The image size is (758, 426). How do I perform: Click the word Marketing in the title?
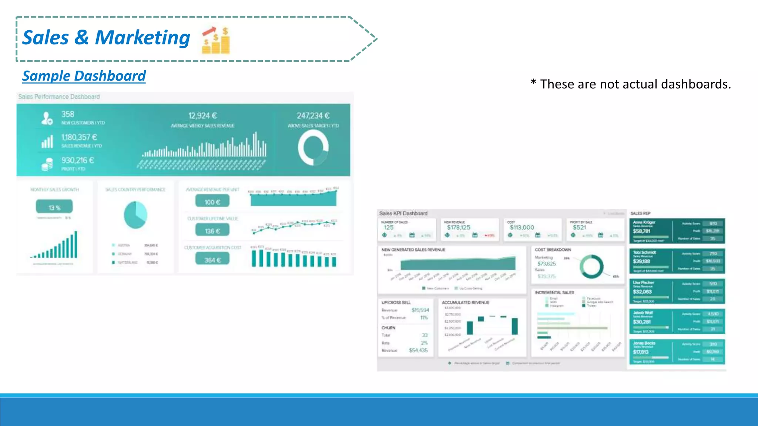point(142,38)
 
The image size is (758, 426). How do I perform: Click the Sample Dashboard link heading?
point(84,76)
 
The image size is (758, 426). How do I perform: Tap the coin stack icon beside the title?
point(216,41)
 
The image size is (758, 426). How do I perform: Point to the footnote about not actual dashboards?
point(631,84)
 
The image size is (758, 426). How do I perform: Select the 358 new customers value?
point(68,114)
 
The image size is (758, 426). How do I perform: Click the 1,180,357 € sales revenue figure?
point(79,137)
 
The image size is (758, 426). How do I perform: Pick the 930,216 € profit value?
point(78,160)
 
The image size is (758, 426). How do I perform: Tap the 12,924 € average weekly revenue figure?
point(202,116)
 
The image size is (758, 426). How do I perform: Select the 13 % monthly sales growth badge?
point(54,207)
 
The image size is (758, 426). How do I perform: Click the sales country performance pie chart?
point(135,215)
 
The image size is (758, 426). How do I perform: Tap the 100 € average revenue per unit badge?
point(212,202)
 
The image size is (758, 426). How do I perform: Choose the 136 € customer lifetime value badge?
point(212,231)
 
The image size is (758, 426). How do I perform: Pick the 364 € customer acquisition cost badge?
point(212,260)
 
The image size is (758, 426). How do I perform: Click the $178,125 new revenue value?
point(458,227)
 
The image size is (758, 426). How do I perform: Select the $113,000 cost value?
point(521,227)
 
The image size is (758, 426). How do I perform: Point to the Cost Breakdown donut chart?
point(591,267)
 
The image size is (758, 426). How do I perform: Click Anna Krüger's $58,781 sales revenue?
point(641,231)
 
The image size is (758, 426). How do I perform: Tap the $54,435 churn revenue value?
point(418,350)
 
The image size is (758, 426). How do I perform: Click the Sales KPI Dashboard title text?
point(403,213)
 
